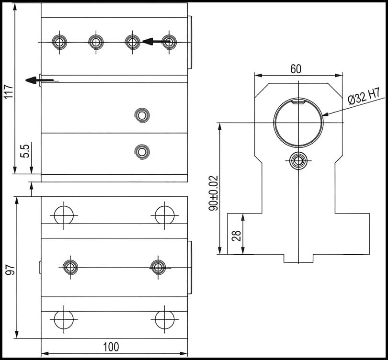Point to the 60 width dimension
pyautogui.click(x=296, y=69)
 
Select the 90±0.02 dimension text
pyautogui.click(x=214, y=193)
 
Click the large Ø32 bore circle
pyautogui.click(x=298, y=123)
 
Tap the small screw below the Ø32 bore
pyautogui.click(x=298, y=160)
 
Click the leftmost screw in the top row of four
pyautogui.click(x=59, y=42)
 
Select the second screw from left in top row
pyautogui.click(x=96, y=42)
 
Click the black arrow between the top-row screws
pyautogui.click(x=152, y=41)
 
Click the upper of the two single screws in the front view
pyautogui.click(x=142, y=115)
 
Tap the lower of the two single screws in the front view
pyautogui.click(x=142, y=152)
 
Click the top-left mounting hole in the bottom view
pyautogui.click(x=64, y=215)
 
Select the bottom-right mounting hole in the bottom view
pyautogui.click(x=164, y=319)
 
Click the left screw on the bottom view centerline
pyautogui.click(x=70, y=267)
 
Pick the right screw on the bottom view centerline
pyautogui.click(x=158, y=267)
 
